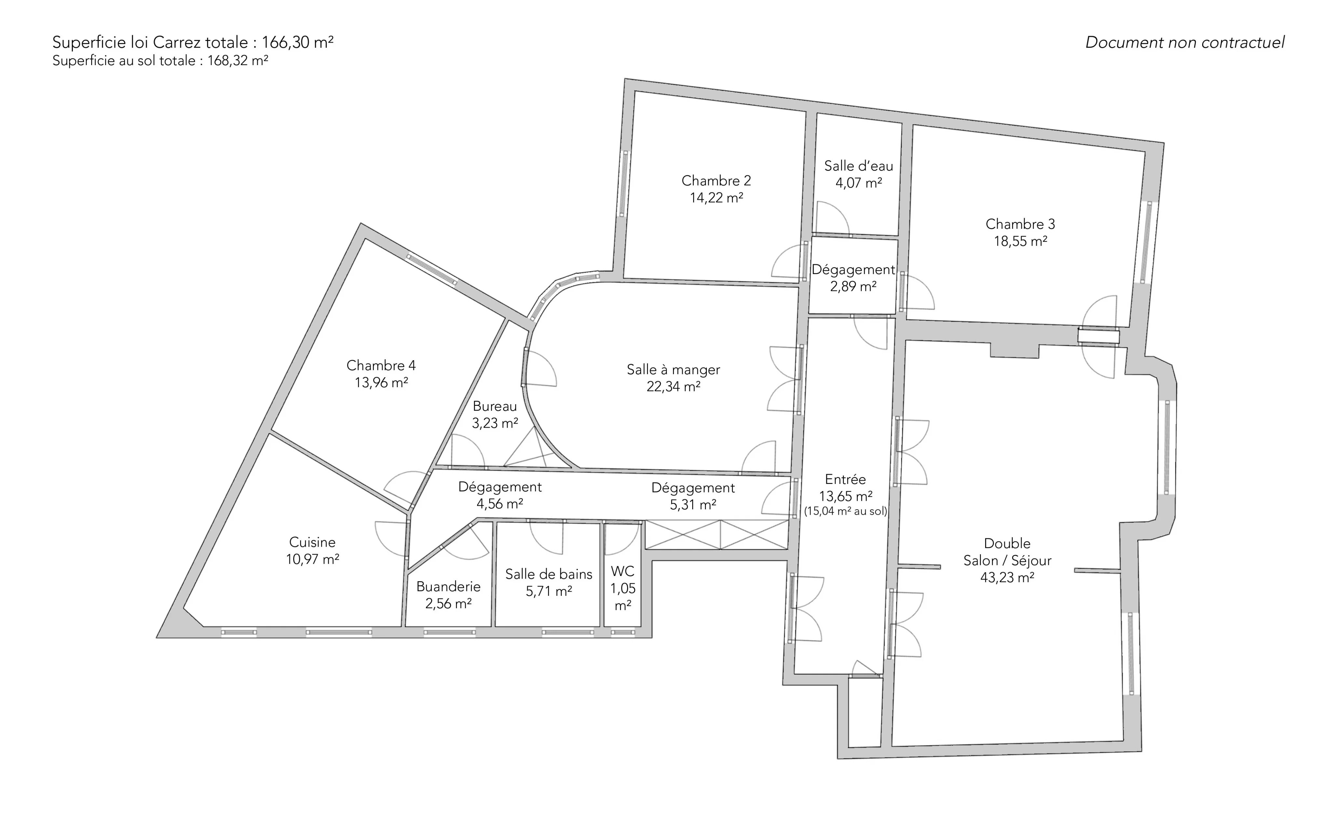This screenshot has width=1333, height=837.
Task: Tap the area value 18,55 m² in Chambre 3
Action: tap(1020, 241)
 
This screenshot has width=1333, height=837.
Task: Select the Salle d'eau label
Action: tap(859, 166)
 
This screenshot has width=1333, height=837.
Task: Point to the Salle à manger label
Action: tap(673, 370)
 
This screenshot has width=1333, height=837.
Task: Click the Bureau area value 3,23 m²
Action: tap(495, 423)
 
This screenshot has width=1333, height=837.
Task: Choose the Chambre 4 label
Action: tap(381, 365)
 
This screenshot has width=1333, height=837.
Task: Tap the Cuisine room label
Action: tap(312, 542)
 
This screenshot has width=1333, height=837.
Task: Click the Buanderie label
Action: tap(448, 586)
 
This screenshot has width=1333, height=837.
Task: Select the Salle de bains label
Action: tap(549, 574)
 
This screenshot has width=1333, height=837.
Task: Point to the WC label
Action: tap(623, 571)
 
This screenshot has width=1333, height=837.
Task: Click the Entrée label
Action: tap(845, 479)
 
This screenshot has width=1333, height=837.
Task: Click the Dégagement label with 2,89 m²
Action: tap(853, 269)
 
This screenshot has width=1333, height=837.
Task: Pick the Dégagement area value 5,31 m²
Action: tap(693, 505)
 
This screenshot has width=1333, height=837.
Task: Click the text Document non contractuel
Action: tap(1185, 43)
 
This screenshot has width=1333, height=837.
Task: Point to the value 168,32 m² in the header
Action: tap(238, 61)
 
